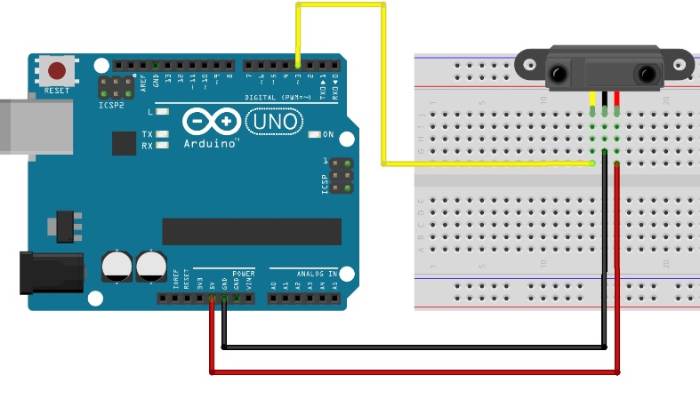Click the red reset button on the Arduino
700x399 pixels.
click(57, 70)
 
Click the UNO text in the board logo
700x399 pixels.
click(273, 121)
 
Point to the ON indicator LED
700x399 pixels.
click(314, 134)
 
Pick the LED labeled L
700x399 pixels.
click(162, 112)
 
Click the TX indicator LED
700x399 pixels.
click(162, 134)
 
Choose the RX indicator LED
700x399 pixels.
click(162, 145)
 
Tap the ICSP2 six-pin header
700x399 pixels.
click(116, 87)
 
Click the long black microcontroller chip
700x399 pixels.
click(252, 231)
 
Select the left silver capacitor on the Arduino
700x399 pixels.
click(117, 265)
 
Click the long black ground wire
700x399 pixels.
click(414, 347)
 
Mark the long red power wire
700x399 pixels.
click(414, 372)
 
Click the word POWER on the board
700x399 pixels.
click(243, 274)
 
